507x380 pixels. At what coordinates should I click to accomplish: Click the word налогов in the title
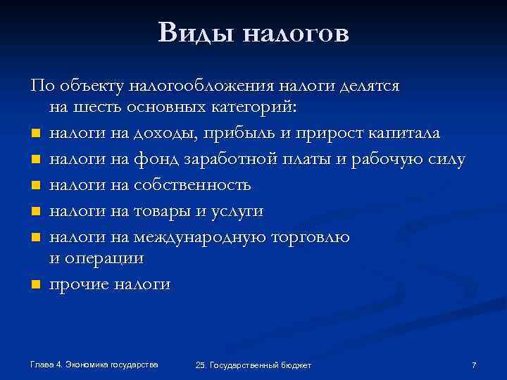click(296, 33)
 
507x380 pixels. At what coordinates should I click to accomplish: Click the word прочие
click(79, 284)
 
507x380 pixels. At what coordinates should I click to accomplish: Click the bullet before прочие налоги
click(34, 285)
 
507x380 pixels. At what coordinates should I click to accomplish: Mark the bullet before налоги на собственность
click(34, 186)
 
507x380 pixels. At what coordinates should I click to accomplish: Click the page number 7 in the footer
click(474, 365)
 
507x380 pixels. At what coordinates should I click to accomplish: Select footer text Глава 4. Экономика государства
click(94, 364)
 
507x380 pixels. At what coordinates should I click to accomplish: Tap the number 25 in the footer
click(201, 365)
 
